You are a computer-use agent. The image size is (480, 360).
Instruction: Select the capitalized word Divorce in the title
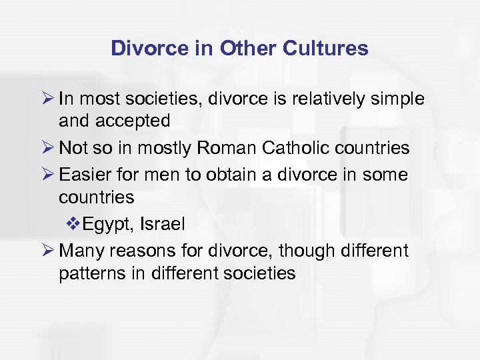(x=147, y=48)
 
